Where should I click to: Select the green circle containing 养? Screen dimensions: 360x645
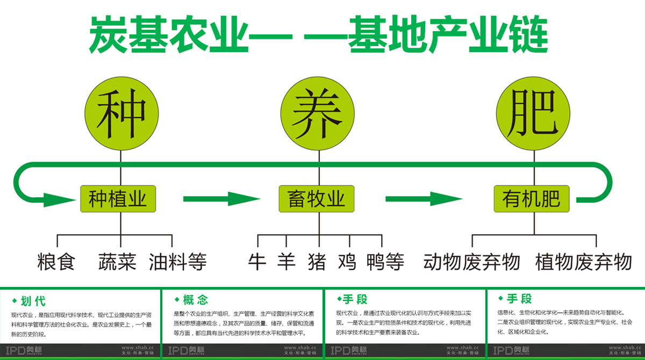[x=319, y=114]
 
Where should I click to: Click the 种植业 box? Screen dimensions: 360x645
[x=118, y=199]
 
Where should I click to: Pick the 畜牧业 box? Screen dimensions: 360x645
[x=317, y=199]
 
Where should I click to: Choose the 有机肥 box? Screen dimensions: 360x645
[x=532, y=199]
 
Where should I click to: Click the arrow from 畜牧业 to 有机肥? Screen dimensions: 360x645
[x=424, y=199]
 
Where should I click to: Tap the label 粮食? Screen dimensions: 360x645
[x=56, y=262]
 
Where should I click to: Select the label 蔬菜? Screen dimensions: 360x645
[x=117, y=262]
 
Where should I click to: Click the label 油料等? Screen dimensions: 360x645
[x=177, y=262]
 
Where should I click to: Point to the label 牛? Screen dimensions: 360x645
[x=257, y=262]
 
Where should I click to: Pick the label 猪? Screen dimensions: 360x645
[x=317, y=262]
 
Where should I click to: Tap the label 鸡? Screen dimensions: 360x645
[x=347, y=262]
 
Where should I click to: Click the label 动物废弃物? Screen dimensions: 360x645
[x=471, y=262]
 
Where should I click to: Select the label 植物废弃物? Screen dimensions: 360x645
[x=583, y=262]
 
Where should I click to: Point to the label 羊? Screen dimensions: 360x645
[x=287, y=262]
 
